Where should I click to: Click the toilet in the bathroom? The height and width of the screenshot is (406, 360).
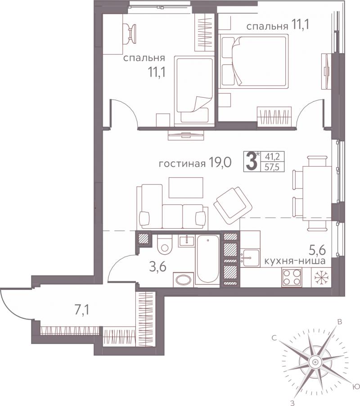click(x=164, y=245)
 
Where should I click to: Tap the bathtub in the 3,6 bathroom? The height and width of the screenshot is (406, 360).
click(x=208, y=259)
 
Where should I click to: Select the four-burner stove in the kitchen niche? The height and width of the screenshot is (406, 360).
click(x=292, y=277)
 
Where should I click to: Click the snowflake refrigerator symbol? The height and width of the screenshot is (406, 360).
click(x=321, y=278)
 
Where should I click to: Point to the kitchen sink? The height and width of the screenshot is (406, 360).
click(x=250, y=258)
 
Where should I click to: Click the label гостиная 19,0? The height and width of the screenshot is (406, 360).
click(x=195, y=163)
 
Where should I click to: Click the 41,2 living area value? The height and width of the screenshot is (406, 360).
click(x=272, y=156)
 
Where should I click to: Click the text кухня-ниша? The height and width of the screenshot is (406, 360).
click(x=294, y=261)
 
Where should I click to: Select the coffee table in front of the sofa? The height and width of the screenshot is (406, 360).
click(x=186, y=188)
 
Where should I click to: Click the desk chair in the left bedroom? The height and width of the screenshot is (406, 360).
click(x=130, y=34)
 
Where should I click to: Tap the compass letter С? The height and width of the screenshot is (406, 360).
click(x=274, y=338)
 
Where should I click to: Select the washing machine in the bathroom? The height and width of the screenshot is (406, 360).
click(x=183, y=280)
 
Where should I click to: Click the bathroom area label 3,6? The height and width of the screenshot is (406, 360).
click(x=157, y=266)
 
